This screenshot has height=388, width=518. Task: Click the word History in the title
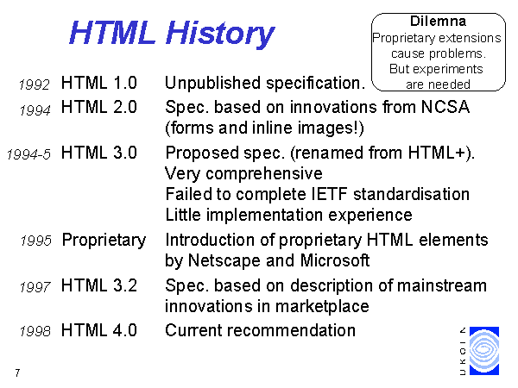click(x=220, y=34)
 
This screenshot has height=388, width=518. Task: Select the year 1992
click(x=35, y=84)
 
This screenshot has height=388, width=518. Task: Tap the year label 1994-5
click(x=28, y=154)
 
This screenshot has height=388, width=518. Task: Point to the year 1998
click(x=35, y=331)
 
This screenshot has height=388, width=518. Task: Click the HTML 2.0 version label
click(x=99, y=107)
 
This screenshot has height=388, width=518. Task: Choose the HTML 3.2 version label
click(x=99, y=285)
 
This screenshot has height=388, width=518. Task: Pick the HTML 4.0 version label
click(x=99, y=330)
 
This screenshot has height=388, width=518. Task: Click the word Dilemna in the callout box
click(x=438, y=21)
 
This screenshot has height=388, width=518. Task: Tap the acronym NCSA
click(x=445, y=107)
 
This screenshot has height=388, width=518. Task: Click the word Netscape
click(x=224, y=260)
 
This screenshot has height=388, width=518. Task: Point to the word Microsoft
click(x=335, y=260)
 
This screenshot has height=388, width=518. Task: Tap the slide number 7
click(x=17, y=372)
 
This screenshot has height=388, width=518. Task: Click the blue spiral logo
click(x=484, y=351)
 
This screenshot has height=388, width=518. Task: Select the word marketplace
click(x=322, y=306)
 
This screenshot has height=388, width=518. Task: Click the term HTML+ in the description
click(x=436, y=153)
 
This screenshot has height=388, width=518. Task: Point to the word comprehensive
click(x=264, y=174)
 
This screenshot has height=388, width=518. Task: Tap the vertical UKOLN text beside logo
click(x=463, y=351)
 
